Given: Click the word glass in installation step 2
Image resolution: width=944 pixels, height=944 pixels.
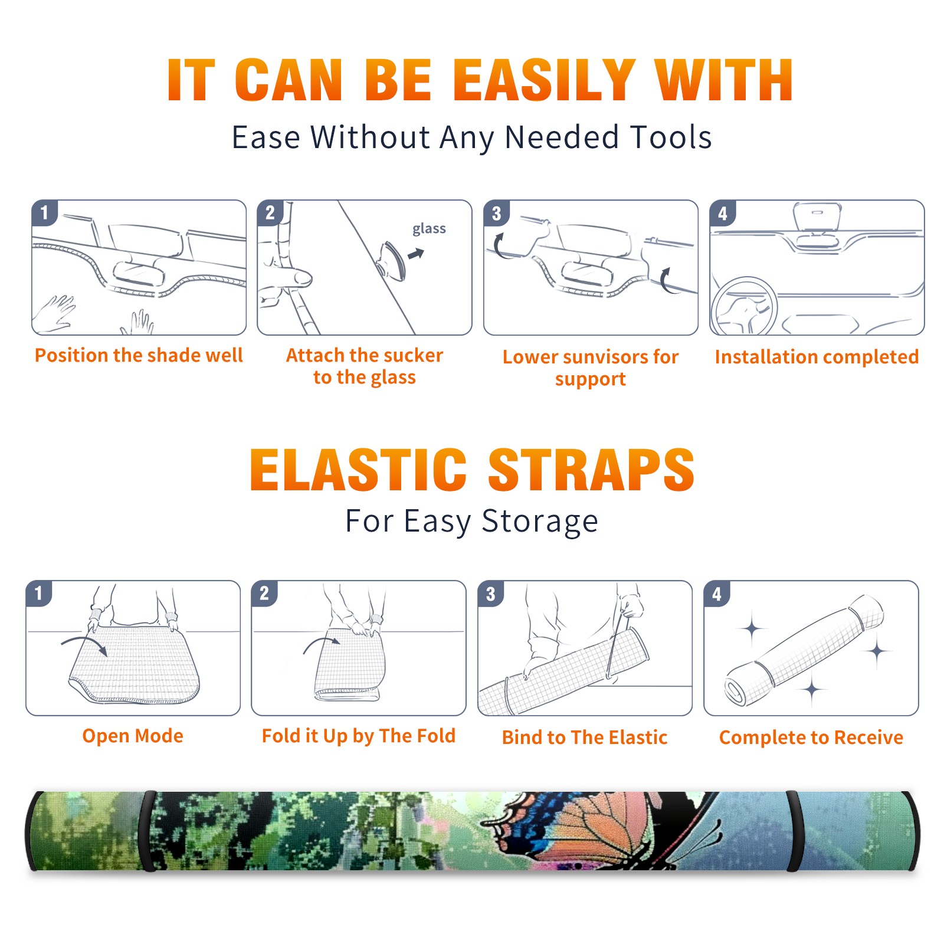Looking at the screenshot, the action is tap(429, 229).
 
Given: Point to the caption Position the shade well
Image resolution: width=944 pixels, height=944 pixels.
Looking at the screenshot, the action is tap(139, 355).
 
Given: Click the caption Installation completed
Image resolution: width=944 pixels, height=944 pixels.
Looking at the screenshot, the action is tap(817, 356).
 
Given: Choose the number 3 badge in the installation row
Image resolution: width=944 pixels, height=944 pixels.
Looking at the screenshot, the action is tap(496, 213).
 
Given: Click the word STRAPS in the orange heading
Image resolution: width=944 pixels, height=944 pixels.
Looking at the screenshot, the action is tap(591, 470).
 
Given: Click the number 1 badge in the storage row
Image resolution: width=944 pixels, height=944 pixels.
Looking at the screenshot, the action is tap(39, 593).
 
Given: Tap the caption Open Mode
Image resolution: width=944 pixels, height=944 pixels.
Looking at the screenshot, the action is tap(133, 736).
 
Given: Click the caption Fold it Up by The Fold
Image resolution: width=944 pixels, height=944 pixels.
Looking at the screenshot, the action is tap(359, 736).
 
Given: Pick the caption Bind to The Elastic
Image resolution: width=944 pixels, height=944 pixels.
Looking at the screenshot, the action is tap(585, 737).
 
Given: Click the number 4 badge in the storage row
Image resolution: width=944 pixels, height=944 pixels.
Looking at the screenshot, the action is tap(717, 594).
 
